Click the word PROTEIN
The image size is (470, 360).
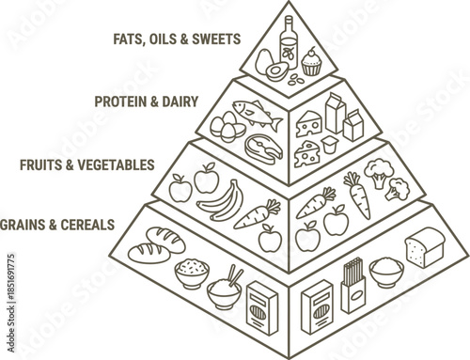(119, 97)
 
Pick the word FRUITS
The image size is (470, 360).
(39, 164)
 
